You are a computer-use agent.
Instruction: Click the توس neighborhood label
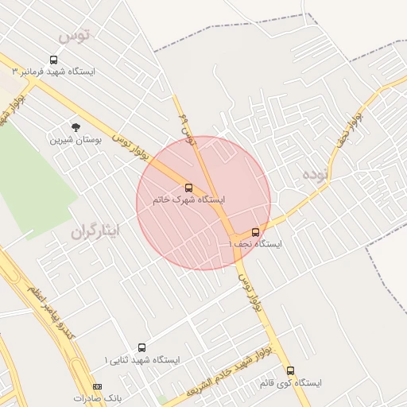click(x=76, y=35)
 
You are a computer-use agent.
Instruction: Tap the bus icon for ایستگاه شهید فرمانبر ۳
click(x=53, y=60)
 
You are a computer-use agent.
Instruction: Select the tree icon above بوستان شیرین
click(x=76, y=126)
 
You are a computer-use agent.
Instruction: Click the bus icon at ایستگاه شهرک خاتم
click(x=188, y=188)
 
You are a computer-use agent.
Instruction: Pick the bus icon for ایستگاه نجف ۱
click(x=255, y=232)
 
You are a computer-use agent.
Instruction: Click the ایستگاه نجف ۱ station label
click(x=255, y=244)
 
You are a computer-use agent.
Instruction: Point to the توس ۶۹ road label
click(x=188, y=127)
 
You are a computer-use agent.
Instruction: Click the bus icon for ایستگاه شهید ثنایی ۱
click(x=141, y=347)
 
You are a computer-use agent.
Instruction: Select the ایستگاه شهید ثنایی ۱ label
click(x=143, y=359)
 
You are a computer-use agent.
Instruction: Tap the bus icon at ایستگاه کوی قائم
click(x=290, y=370)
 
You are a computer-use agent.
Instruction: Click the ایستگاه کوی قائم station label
click(x=290, y=382)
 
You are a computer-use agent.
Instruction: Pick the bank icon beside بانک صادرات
click(x=98, y=386)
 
